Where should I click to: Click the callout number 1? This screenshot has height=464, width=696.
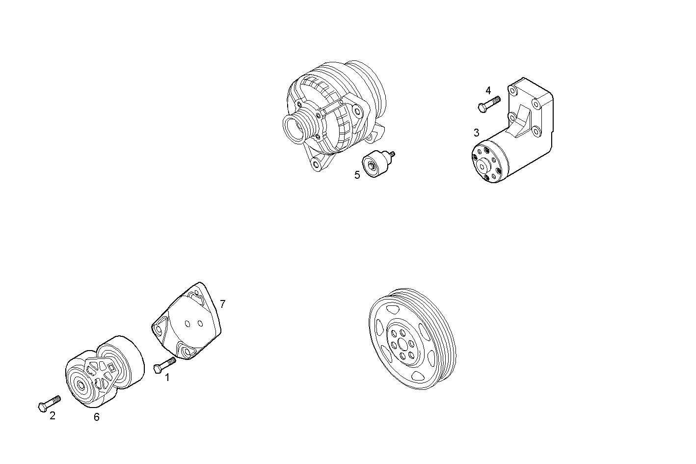tap(167, 378)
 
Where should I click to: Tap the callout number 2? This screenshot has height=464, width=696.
tap(53, 416)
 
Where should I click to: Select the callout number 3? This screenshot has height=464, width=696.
tap(476, 133)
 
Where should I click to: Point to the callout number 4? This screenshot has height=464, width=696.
tap(488, 91)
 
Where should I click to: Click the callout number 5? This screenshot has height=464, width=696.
tap(357, 175)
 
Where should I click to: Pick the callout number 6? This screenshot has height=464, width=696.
tap(97, 417)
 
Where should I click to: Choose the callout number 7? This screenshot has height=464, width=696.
tap(222, 304)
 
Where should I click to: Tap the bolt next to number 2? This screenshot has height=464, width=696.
tap(49, 403)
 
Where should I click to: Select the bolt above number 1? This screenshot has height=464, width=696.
tap(164, 365)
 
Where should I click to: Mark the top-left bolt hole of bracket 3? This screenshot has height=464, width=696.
tap(514, 91)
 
